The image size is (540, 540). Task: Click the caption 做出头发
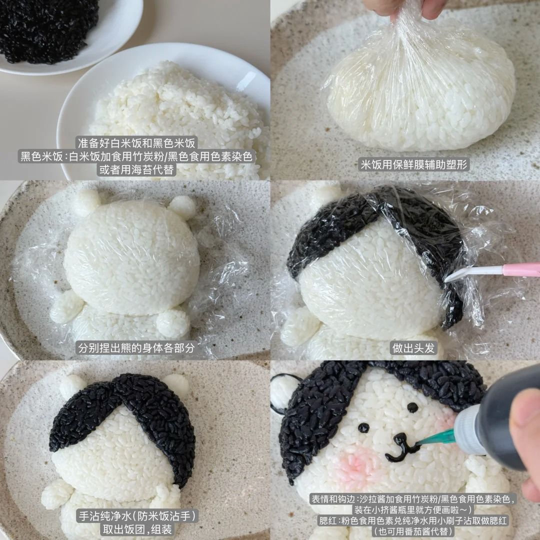tap(413, 348)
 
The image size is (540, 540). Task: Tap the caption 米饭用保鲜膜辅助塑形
tap(414, 164)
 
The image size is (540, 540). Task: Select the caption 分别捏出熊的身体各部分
tap(136, 348)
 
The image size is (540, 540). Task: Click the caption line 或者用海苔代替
tap(136, 169)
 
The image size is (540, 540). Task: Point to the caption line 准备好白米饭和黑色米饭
tap(136, 142)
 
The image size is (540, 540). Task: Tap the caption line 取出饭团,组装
tap(136, 529)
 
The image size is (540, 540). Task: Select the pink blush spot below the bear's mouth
tap(358, 465)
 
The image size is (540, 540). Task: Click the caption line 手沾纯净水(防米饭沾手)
tap(136, 516)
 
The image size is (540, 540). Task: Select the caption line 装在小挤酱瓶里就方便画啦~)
tap(413, 509)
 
